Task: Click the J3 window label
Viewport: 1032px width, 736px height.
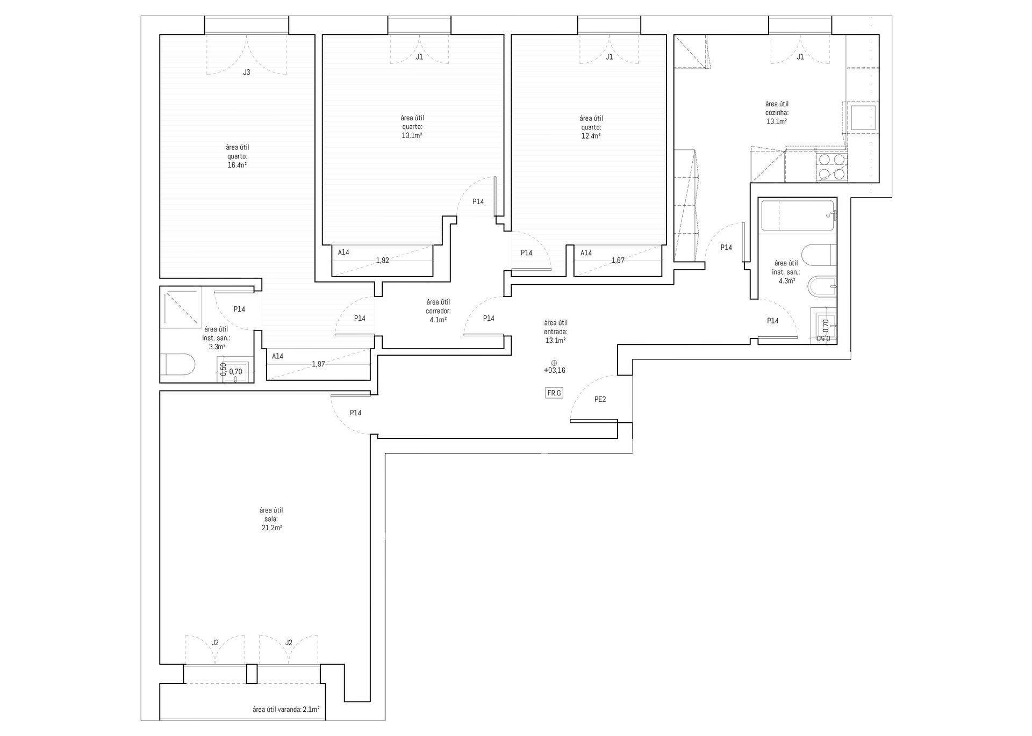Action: click(x=246, y=72)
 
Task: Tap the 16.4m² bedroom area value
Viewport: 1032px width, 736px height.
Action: click(x=237, y=165)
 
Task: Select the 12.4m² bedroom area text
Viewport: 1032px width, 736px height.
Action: click(x=591, y=136)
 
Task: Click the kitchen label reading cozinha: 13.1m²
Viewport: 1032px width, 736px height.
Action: click(x=777, y=113)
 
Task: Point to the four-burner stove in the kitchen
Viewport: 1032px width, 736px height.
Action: click(x=832, y=167)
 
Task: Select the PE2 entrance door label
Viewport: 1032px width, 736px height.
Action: click(x=600, y=399)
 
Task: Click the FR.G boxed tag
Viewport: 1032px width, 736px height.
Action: click(x=554, y=393)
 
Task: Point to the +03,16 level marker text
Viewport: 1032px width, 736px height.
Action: click(x=554, y=371)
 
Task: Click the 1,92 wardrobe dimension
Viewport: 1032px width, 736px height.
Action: click(x=382, y=261)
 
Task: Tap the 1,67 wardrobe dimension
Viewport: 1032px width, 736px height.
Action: click(x=618, y=261)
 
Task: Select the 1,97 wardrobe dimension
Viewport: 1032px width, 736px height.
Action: click(x=318, y=364)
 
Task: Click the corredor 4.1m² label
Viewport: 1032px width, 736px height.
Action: click(x=438, y=311)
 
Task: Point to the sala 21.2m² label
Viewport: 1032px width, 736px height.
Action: click(x=271, y=519)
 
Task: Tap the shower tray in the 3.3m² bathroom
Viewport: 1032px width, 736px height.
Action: click(x=181, y=308)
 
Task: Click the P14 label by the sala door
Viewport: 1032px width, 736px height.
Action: click(x=355, y=413)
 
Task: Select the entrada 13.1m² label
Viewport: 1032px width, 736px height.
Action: click(x=556, y=331)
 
